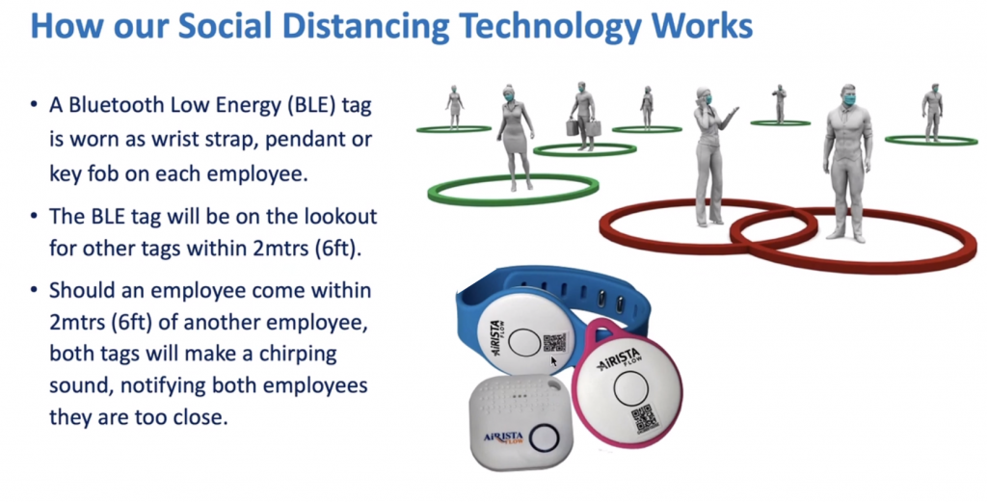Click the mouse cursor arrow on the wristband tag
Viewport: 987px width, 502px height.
[554, 361]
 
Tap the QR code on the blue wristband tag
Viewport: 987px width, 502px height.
[554, 342]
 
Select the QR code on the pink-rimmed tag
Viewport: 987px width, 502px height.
[642, 418]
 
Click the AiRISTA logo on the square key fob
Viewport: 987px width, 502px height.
[503, 437]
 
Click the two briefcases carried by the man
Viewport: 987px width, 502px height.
[583, 128]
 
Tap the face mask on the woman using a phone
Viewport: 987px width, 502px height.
[707, 99]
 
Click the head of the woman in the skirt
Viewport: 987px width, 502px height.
[509, 94]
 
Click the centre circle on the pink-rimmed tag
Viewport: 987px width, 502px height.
[630, 388]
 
